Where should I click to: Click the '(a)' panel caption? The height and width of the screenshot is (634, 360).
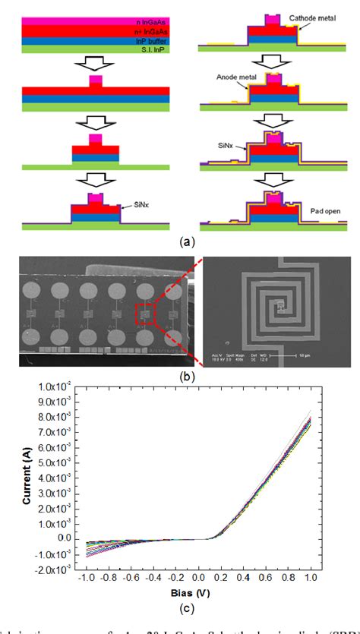(185, 241)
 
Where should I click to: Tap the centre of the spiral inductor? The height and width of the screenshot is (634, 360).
(281, 305)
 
